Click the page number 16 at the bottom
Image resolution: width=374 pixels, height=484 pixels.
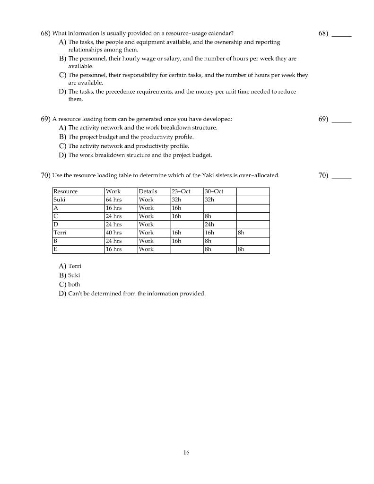(x=186, y=453)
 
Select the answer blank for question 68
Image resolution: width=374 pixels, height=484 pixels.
(x=341, y=34)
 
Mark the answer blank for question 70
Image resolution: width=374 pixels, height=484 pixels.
(x=341, y=176)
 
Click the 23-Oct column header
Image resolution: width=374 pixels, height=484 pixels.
(x=181, y=191)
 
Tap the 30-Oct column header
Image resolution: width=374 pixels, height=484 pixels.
(x=214, y=191)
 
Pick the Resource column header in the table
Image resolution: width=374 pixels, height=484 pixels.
(x=66, y=191)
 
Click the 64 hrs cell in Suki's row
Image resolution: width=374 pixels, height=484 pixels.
(x=113, y=200)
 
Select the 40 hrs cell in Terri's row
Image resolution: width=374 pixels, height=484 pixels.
(x=113, y=233)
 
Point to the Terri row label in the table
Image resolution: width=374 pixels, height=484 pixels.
(x=60, y=233)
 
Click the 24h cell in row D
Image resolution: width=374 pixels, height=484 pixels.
(x=209, y=225)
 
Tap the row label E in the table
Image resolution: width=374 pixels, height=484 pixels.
(x=55, y=249)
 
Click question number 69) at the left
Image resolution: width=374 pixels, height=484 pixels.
(x=45, y=119)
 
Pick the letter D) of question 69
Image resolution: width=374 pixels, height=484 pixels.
(x=62, y=155)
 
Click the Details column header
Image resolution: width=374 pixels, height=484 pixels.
(x=148, y=191)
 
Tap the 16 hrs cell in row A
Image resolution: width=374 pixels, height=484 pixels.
(x=113, y=208)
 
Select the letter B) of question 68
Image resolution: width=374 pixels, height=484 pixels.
(x=62, y=59)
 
